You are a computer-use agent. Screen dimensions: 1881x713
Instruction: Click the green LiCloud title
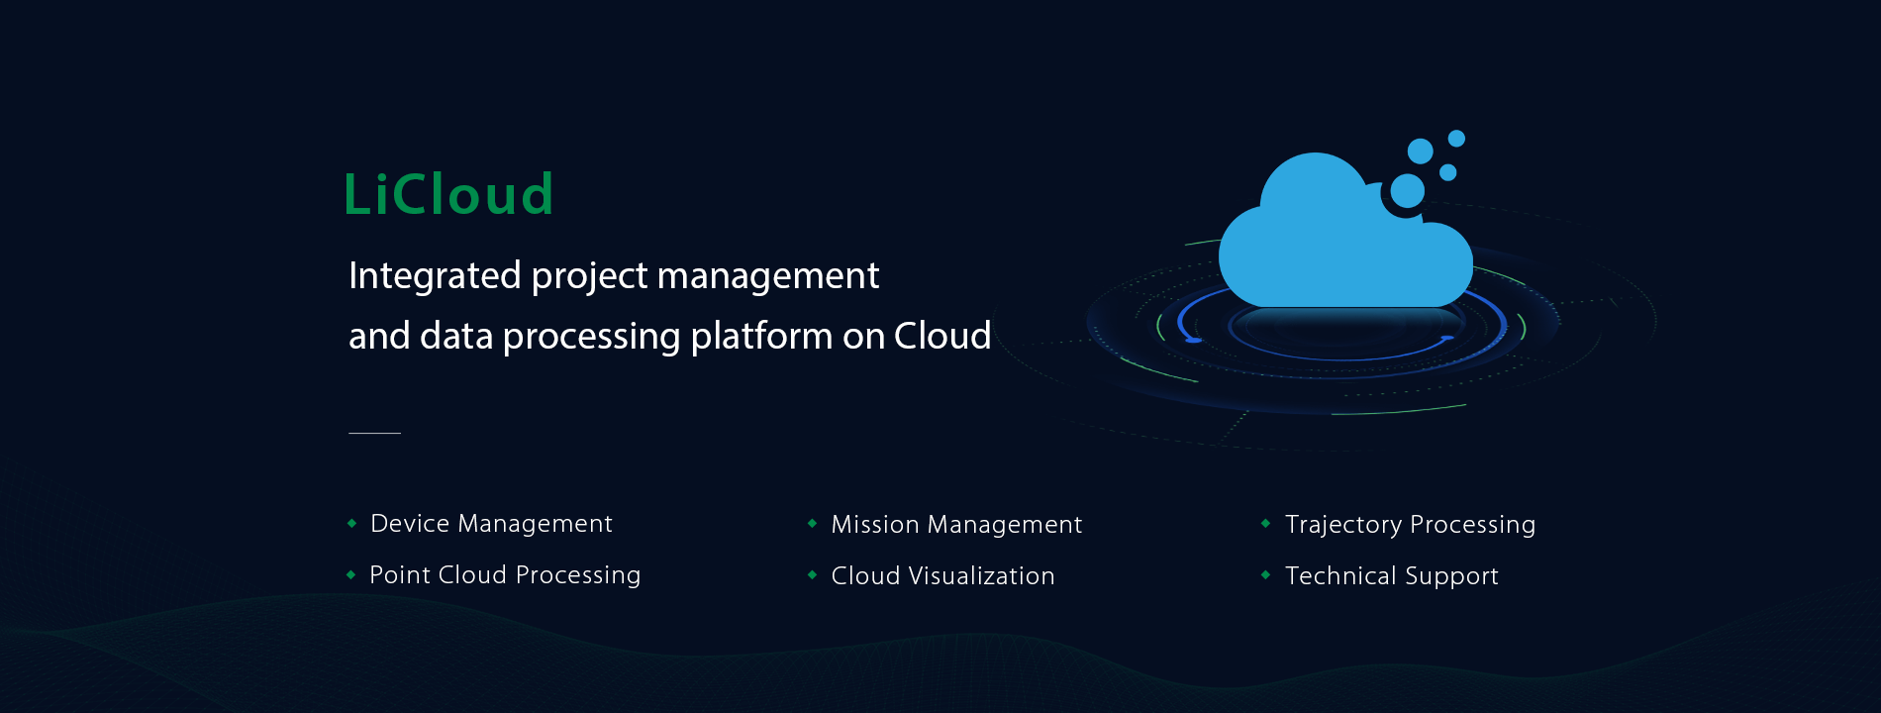tap(447, 194)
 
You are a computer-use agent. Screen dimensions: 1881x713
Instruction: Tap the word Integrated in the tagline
tap(435, 276)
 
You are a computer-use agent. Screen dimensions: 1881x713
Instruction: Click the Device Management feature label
tap(491, 524)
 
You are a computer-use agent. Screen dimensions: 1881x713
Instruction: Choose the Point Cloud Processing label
tap(505, 575)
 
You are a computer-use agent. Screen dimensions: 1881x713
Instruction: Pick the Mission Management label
tap(956, 525)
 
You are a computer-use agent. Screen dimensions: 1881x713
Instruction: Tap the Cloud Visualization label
tap(942, 576)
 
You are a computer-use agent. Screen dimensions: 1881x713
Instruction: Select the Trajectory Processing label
tap(1410, 525)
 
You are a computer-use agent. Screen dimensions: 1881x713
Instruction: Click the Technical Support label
tap(1391, 576)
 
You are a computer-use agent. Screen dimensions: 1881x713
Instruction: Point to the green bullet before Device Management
tap(351, 523)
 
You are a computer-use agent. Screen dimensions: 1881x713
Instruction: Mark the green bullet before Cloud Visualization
tap(812, 574)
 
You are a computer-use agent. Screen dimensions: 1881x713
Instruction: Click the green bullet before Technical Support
tap(1265, 574)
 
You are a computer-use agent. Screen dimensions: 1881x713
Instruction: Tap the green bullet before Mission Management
tap(812, 523)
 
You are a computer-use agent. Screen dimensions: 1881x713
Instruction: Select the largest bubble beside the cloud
tap(1408, 191)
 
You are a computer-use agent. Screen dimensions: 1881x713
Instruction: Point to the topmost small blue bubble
tap(1456, 139)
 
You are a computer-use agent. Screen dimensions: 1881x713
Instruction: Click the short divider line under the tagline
tap(374, 433)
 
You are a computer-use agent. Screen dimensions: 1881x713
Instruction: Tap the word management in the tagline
tap(767, 276)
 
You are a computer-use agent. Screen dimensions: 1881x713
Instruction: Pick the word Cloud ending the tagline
tap(941, 337)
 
